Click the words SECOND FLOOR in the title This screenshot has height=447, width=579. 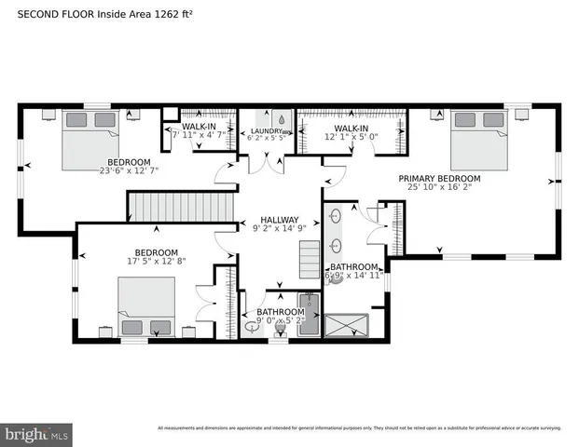click(x=47, y=14)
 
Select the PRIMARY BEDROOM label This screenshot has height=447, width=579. click(x=439, y=179)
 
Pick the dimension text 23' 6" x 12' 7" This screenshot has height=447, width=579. click(x=130, y=170)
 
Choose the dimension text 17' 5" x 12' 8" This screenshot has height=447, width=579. click(x=156, y=263)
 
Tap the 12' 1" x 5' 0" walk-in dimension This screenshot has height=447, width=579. click(x=352, y=138)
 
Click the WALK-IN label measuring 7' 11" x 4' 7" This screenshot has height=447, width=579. click(x=200, y=127)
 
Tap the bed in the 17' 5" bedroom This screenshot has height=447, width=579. click(x=145, y=309)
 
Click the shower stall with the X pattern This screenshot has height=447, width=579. click(x=347, y=325)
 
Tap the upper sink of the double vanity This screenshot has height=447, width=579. click(x=335, y=217)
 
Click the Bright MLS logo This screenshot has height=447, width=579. click(x=37, y=434)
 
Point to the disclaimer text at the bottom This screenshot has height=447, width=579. click(x=359, y=428)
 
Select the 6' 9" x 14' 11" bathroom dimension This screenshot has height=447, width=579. click(x=352, y=276)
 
